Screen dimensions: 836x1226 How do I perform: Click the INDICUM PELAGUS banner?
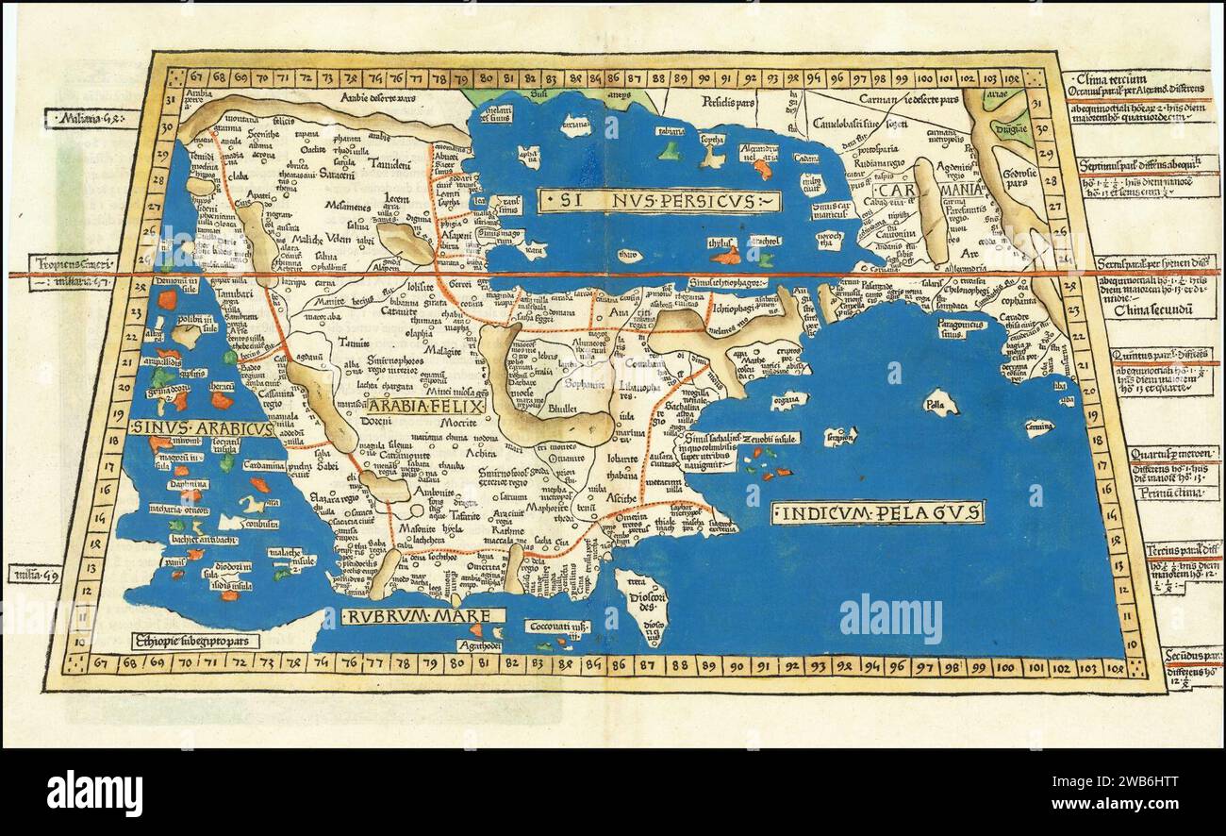pyautogui.click(x=877, y=512)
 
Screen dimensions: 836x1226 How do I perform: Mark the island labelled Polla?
pyautogui.click(x=937, y=406)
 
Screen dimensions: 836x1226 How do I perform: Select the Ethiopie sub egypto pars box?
pyautogui.click(x=194, y=637)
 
